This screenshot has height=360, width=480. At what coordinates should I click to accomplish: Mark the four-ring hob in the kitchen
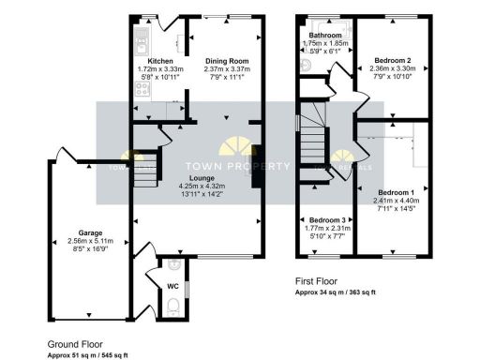(x=143, y=90)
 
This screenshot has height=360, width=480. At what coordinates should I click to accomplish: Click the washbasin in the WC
(x=172, y=265)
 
